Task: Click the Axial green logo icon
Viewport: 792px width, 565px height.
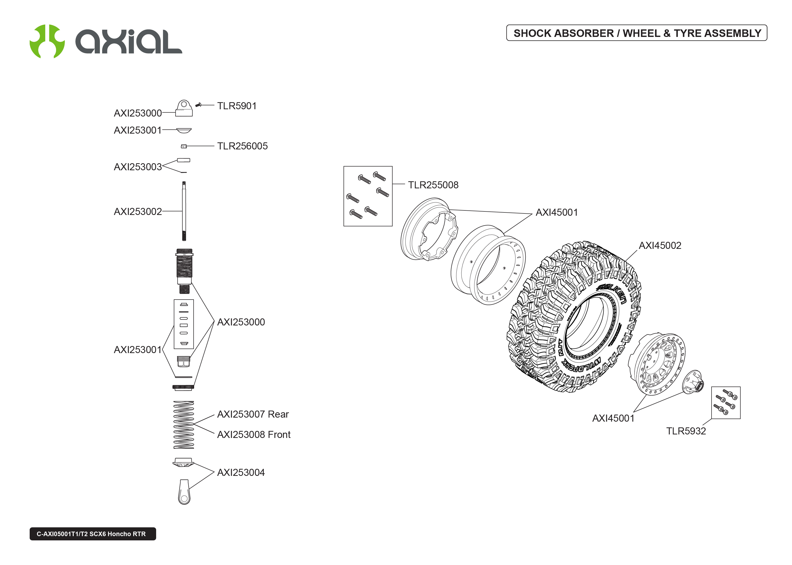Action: point(47,41)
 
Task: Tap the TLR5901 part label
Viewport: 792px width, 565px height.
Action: point(237,106)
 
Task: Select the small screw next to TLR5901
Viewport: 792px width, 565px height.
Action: point(199,104)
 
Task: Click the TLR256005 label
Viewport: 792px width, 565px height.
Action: point(242,146)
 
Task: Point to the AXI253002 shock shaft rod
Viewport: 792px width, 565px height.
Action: point(184,211)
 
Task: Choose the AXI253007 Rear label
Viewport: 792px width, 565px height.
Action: point(253,414)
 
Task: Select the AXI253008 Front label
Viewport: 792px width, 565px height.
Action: point(253,434)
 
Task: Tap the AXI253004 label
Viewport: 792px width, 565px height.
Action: point(241,472)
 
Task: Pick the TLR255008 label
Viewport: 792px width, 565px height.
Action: point(433,185)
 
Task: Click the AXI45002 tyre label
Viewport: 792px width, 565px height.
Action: point(660,245)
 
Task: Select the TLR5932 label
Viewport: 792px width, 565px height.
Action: point(686,431)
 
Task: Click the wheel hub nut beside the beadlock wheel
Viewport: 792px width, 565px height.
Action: point(693,383)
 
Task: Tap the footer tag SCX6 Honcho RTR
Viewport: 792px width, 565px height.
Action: point(93,534)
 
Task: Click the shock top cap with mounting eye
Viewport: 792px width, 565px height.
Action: point(184,108)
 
